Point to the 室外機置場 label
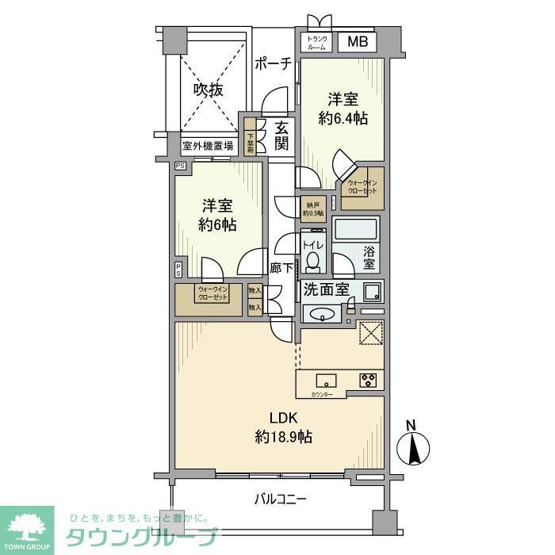click(208, 146)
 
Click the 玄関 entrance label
click(282, 136)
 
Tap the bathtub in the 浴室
click(357, 231)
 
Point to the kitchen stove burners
click(369, 380)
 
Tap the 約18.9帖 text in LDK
click(283, 436)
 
